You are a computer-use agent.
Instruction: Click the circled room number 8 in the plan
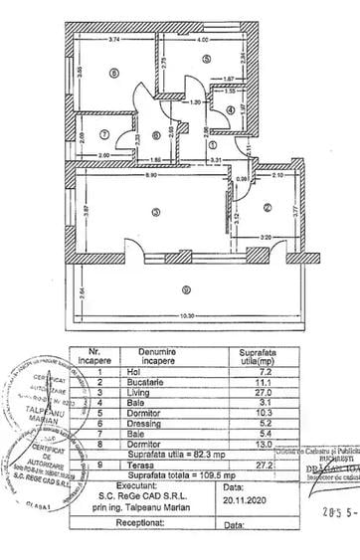pyautogui.click(x=115, y=73)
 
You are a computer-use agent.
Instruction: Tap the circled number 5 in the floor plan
pyautogui.click(x=206, y=61)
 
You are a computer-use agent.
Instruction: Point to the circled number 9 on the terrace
pyautogui.click(x=186, y=289)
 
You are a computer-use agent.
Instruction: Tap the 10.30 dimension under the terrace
pyautogui.click(x=181, y=315)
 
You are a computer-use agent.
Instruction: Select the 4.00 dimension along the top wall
pyautogui.click(x=202, y=41)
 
